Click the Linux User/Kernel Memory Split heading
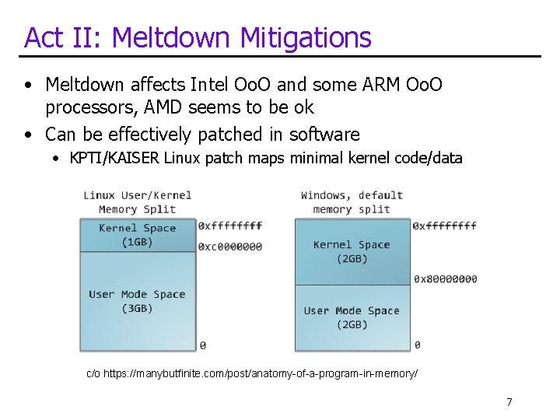tap(137, 202)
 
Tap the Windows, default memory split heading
tap(352, 202)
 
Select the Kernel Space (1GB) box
tap(137, 235)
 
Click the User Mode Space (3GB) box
tap(137, 301)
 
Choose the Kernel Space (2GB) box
tap(352, 251)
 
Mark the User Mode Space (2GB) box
tap(352, 317)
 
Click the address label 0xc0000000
tap(230, 247)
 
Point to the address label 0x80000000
tap(445, 279)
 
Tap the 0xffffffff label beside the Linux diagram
tap(230, 226)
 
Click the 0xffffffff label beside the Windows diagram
tap(445, 226)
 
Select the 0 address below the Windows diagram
tap(418, 345)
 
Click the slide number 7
tap(509, 402)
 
